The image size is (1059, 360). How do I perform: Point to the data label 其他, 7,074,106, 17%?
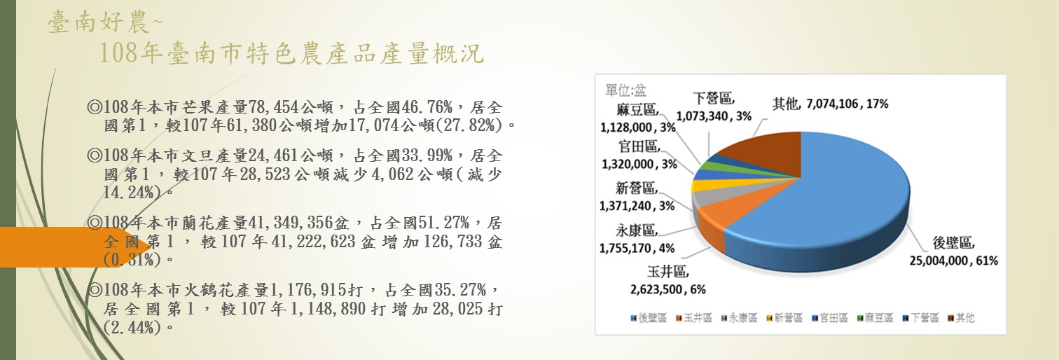tap(830, 104)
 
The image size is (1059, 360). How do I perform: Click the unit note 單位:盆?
tap(625, 90)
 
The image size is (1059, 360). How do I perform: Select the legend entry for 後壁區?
tap(647, 318)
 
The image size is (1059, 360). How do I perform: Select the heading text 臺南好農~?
tap(105, 23)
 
